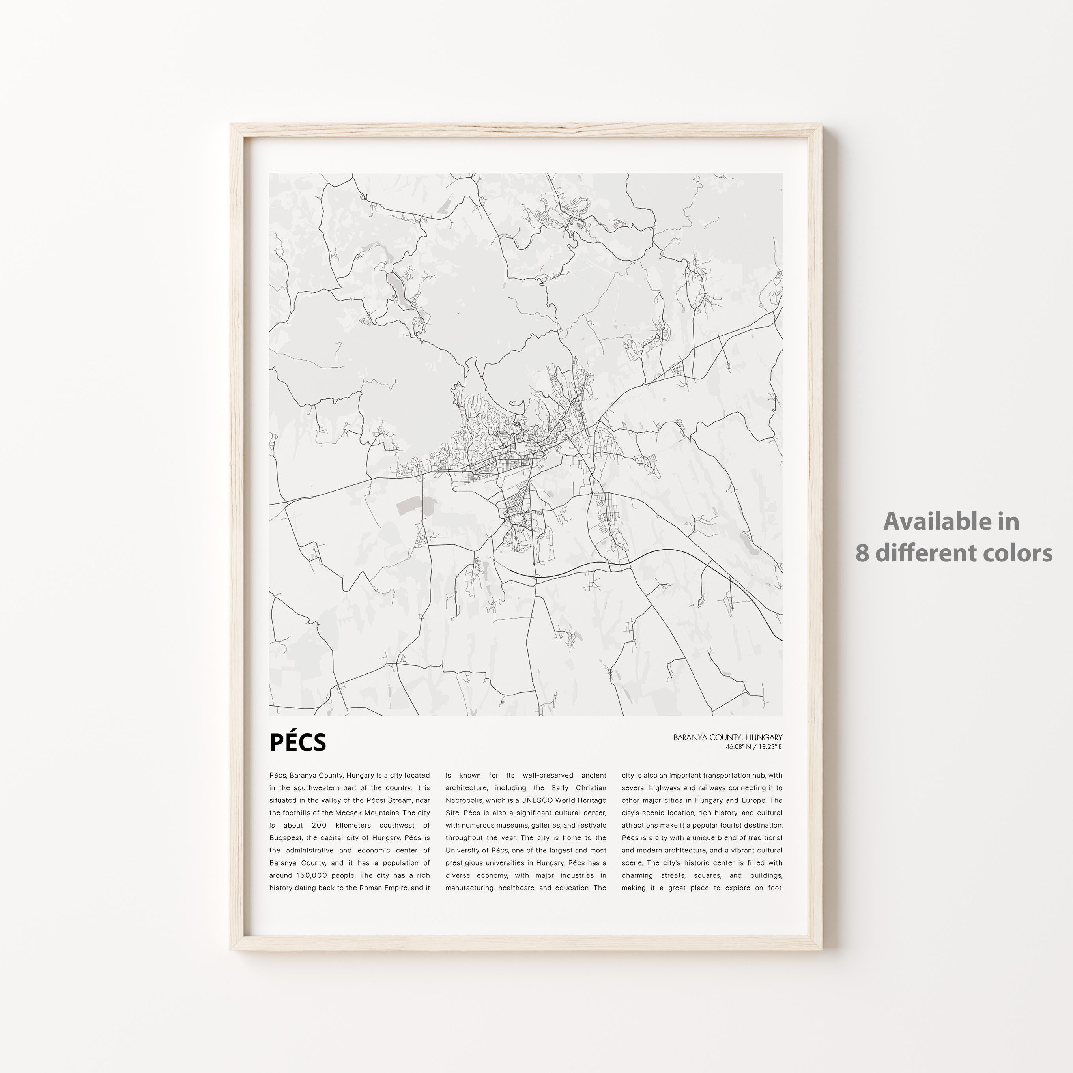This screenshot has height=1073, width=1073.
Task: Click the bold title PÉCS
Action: coord(298,742)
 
